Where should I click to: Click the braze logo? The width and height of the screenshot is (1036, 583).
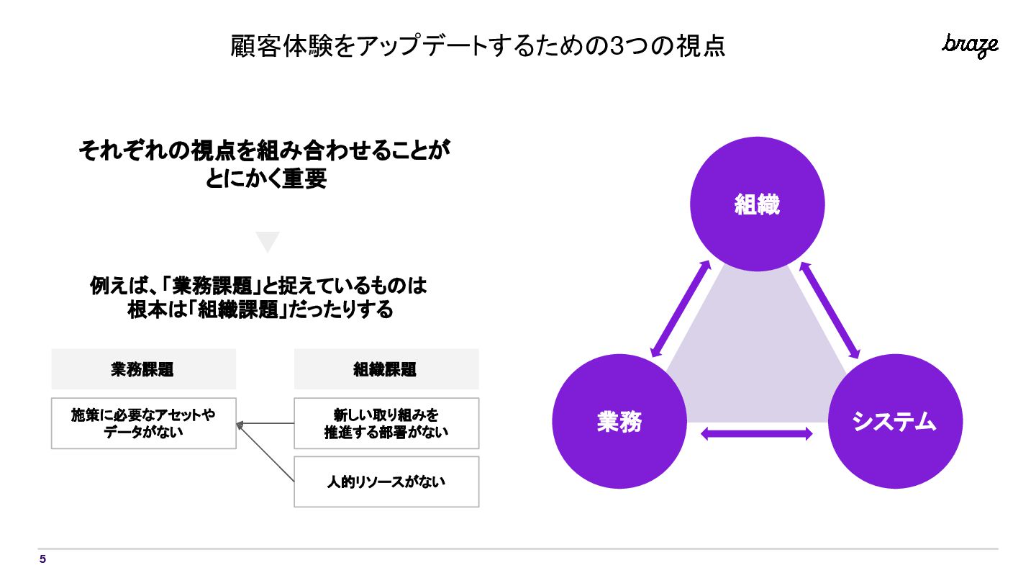tap(970, 45)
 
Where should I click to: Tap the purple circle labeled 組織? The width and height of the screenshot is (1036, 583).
tap(757, 204)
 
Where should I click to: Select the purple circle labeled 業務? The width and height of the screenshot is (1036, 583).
tap(619, 422)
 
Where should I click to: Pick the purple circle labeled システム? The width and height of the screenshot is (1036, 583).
tap(894, 422)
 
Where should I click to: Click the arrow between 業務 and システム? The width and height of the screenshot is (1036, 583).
tap(756, 433)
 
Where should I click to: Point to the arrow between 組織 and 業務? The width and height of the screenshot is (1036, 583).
tap(681, 309)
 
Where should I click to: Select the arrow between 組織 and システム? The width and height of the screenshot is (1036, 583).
tap(830, 310)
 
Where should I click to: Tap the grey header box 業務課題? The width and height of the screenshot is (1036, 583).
tap(143, 369)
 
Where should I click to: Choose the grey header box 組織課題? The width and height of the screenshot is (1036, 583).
tap(386, 369)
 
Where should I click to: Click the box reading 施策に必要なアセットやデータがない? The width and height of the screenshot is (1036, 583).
tap(143, 424)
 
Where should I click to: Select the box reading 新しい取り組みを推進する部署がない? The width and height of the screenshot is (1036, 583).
tap(386, 424)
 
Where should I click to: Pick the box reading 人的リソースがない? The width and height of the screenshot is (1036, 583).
tap(386, 482)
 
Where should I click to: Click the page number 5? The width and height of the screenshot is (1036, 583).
tap(42, 559)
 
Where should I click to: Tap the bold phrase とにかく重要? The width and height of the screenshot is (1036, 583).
tap(266, 178)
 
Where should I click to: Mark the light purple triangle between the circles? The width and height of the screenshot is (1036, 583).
tap(756, 360)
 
